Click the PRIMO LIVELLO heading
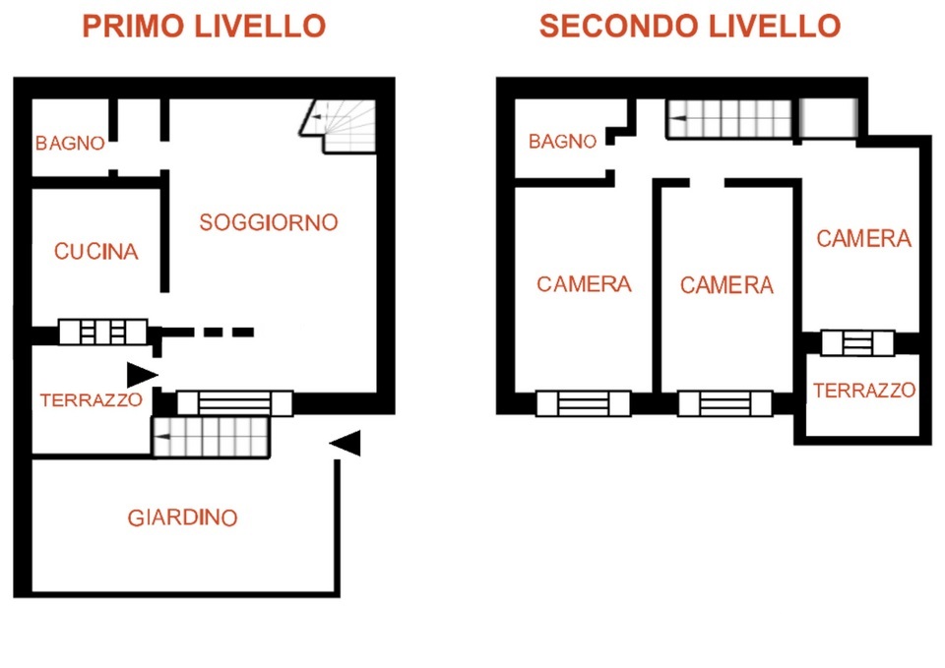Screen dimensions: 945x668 (x=204, y=27)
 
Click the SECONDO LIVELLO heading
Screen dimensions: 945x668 (x=689, y=27)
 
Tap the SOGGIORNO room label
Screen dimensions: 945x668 (x=268, y=223)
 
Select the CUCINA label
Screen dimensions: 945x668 (x=96, y=252)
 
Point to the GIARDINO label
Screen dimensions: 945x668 (x=183, y=518)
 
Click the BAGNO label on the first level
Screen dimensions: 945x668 (x=70, y=144)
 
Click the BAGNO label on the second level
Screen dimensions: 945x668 (x=562, y=142)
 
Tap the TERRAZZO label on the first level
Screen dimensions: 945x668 (x=91, y=400)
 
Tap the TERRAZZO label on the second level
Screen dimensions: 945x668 (x=864, y=391)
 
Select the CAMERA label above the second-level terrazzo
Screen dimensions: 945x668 (x=863, y=239)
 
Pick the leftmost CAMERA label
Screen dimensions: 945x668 (x=584, y=284)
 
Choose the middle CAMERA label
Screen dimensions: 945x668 (x=726, y=285)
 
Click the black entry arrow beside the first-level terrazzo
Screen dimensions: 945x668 (x=142, y=375)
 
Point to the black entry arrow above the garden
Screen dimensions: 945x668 (x=345, y=444)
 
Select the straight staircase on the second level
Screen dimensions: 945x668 (x=729, y=119)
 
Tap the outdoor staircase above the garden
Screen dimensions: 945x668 (x=211, y=437)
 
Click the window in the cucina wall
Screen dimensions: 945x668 (x=103, y=332)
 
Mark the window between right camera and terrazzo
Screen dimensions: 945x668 (x=857, y=343)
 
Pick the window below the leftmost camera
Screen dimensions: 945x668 (x=584, y=403)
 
